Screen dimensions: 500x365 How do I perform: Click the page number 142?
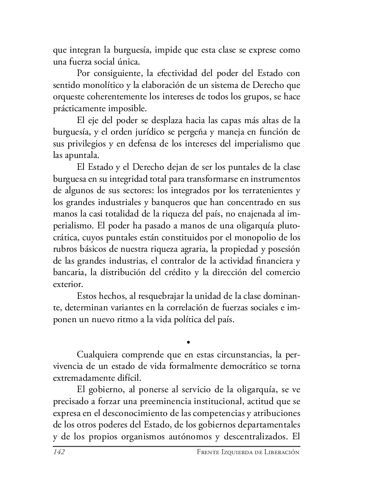[x=59, y=452]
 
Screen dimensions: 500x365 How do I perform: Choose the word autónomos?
[x=193, y=436]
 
